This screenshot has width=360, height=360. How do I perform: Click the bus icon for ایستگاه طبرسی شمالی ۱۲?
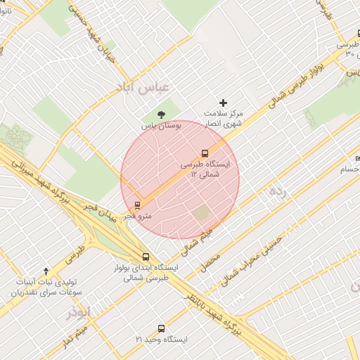pyautogui.click(x=205, y=153)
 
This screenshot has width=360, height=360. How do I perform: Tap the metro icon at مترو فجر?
pyautogui.click(x=136, y=206)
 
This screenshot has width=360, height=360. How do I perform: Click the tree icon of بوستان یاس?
pyautogui.click(x=162, y=113)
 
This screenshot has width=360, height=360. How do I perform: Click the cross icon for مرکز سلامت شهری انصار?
pyautogui.click(x=224, y=103)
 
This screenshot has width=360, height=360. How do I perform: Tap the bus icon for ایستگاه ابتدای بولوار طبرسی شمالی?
pyautogui.click(x=146, y=257)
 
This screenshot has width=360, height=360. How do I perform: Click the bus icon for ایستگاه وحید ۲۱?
pyautogui.click(x=162, y=328)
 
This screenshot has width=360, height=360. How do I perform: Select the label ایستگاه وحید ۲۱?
pyautogui.click(x=162, y=340)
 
